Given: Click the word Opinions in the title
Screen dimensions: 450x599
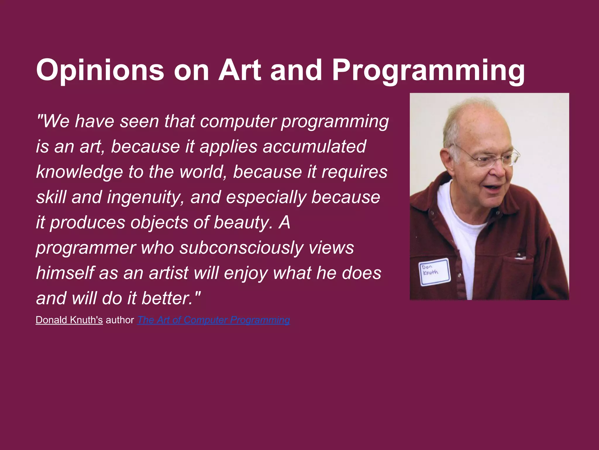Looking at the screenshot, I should (100, 70).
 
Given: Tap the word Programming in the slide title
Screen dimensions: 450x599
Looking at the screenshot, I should (428, 70).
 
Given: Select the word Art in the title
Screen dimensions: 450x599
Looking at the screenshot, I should (240, 70).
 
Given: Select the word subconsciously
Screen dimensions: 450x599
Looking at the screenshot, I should (242, 248).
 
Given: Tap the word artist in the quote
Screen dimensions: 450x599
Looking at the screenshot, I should (168, 273).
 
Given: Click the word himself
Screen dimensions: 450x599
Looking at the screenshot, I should (65, 273).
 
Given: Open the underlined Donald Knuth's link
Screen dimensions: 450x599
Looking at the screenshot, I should (69, 320).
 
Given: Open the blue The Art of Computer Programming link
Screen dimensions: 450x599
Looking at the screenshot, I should (214, 320).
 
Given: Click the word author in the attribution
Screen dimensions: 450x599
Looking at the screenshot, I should (120, 320).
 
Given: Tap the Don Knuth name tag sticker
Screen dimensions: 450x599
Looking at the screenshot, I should (435, 272).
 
